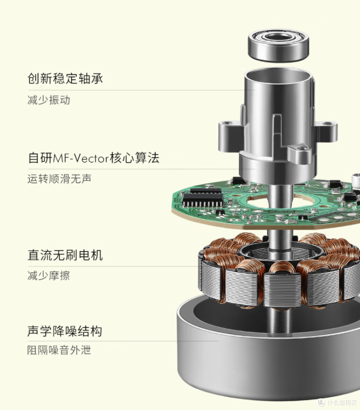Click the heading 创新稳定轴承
65,79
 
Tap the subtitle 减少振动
49,100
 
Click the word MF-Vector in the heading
81,158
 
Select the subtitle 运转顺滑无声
59,179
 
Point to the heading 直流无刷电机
65,255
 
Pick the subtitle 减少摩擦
49,276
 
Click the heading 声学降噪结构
65,331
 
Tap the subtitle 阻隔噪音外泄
59,350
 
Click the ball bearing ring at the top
278,46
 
